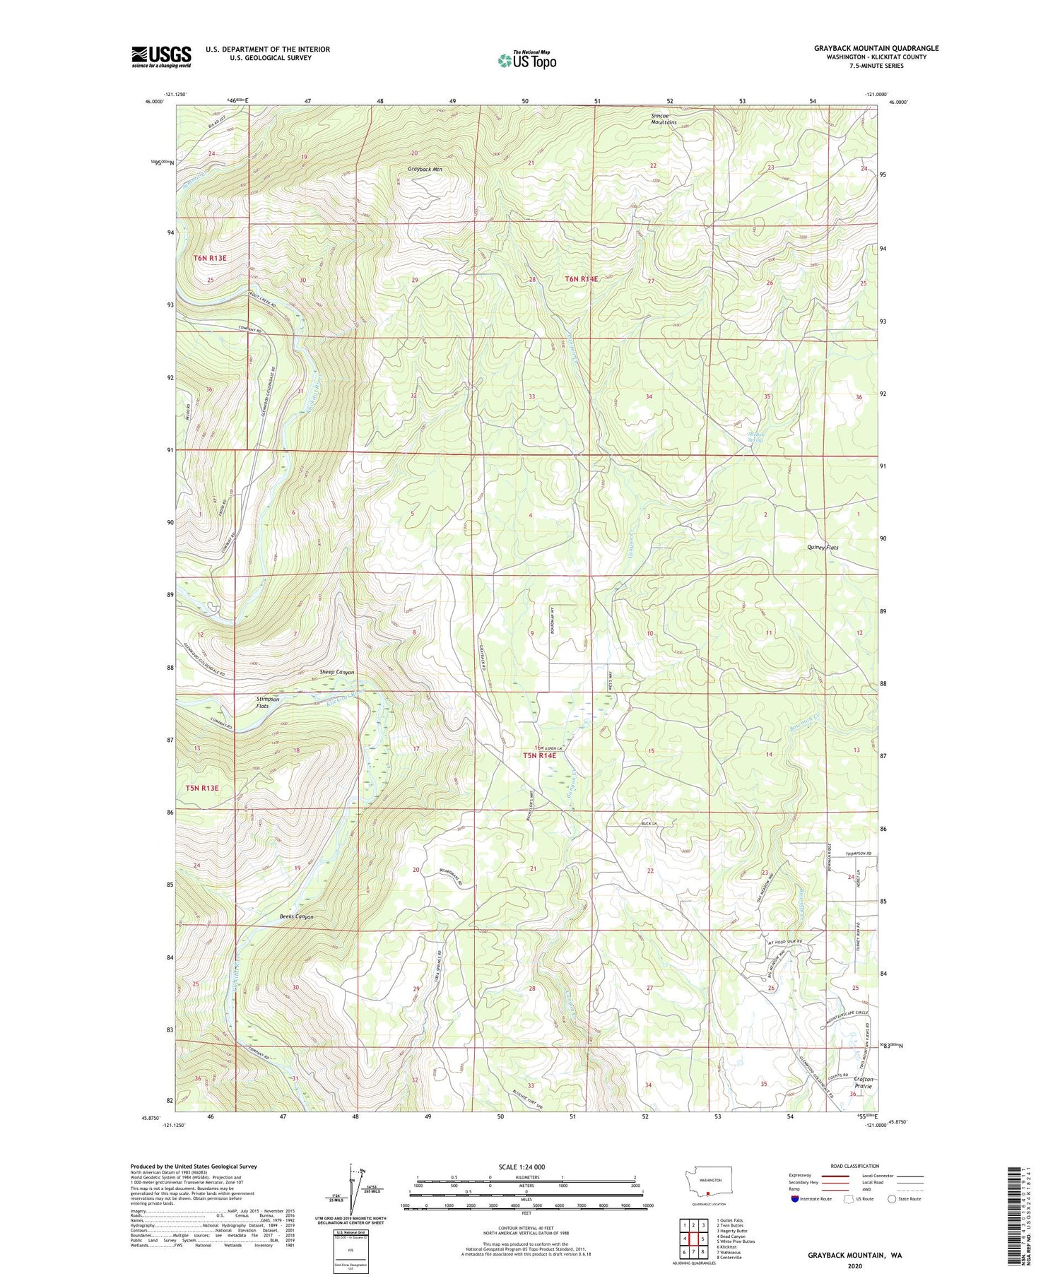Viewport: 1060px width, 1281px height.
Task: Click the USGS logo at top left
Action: [161, 57]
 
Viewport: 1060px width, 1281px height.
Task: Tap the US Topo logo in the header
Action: [527, 60]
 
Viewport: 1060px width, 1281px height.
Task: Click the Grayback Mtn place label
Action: [425, 170]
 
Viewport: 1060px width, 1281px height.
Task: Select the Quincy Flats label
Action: [823, 548]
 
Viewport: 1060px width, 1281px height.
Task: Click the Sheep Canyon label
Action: [317, 672]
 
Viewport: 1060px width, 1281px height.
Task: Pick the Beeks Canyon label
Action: [296, 916]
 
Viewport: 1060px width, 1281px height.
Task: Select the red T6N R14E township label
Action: [581, 279]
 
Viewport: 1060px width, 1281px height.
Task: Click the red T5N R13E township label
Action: [203, 787]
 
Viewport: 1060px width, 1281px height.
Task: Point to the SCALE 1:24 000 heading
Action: [526, 1167]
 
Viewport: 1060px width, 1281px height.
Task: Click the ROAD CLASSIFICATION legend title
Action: [854, 1166]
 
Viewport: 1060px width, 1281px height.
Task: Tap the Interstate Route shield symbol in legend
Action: [794, 1198]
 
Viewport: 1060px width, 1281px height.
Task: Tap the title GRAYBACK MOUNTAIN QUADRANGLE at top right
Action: [876, 48]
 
